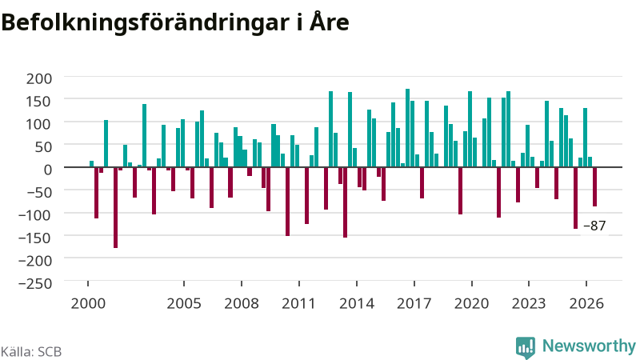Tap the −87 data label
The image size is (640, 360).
point(594,226)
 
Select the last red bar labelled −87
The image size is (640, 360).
point(594,187)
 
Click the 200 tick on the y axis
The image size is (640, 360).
point(39,78)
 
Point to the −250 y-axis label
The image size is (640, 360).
point(35,283)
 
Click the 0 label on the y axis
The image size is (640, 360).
point(48,170)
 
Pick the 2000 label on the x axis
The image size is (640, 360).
point(88,304)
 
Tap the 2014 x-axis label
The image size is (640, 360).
point(357,304)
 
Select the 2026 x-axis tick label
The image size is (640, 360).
point(586,304)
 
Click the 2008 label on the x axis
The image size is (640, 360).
point(242,304)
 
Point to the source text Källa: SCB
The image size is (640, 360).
point(31,352)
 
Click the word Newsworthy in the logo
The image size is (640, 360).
point(589,346)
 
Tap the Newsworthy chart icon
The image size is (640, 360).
point(526,347)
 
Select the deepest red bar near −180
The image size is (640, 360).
point(115,208)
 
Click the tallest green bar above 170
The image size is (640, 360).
point(407,128)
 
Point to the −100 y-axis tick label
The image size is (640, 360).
point(35,215)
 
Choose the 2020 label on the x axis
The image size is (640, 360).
point(471,304)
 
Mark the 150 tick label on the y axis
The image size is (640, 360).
point(39,102)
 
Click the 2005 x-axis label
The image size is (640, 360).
point(184,304)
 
